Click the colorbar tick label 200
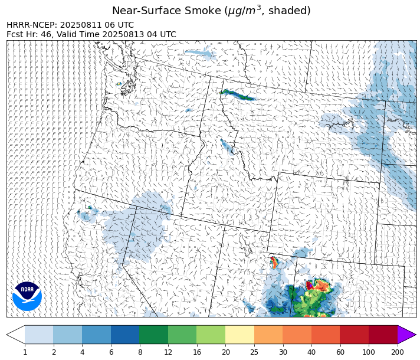(x=398, y=352)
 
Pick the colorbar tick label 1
(x=25, y=352)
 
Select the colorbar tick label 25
(x=254, y=352)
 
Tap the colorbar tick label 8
(x=139, y=352)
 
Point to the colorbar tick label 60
(x=340, y=352)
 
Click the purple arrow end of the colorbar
(x=406, y=335)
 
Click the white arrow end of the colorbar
(x=16, y=335)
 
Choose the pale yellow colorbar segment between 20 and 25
(x=239, y=335)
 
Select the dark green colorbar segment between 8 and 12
(x=153, y=335)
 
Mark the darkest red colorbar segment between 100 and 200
(x=383, y=335)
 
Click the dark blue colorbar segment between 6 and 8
(x=125, y=335)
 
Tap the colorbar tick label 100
(x=369, y=352)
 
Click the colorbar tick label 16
(x=196, y=352)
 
